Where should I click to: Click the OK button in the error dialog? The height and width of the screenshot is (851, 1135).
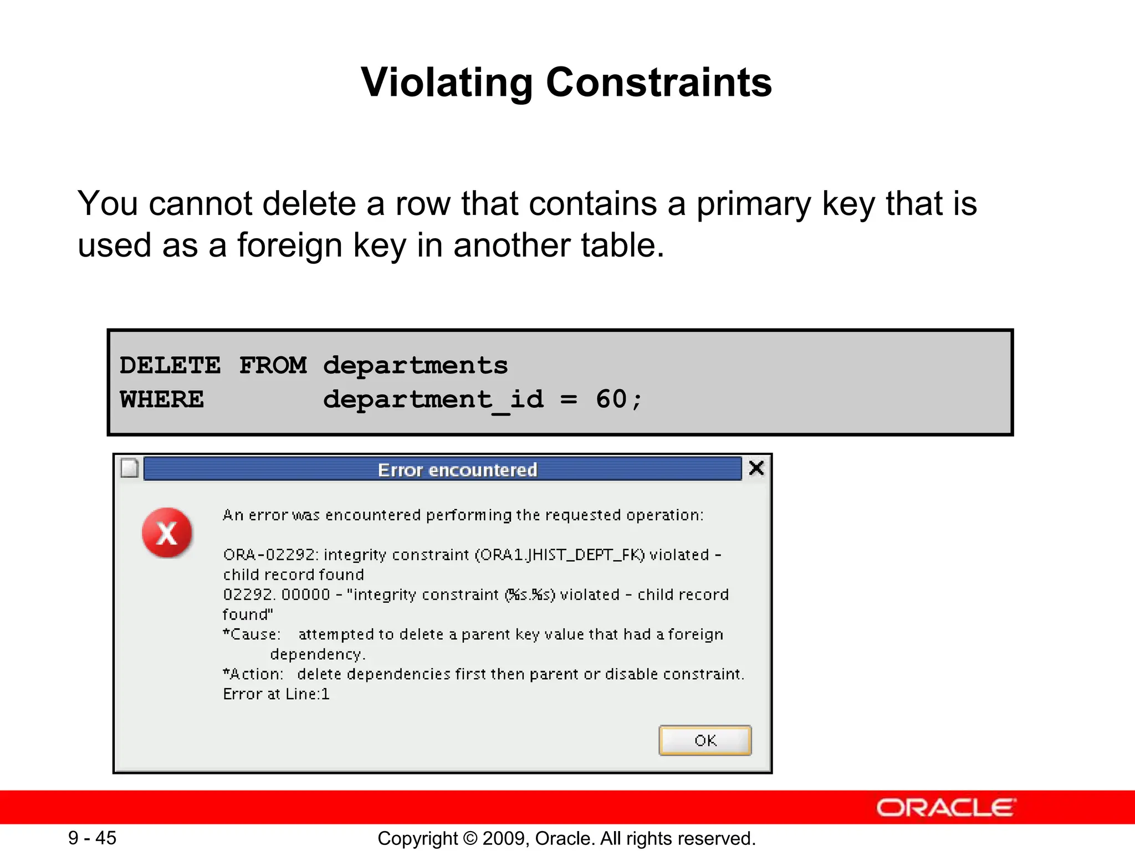pos(705,740)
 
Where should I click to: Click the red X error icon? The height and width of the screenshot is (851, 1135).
pos(167,533)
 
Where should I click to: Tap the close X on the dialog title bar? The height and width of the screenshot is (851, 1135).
pos(756,468)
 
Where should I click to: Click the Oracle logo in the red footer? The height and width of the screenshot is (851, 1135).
pos(946,808)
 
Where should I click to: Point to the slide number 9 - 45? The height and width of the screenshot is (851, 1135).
pos(92,838)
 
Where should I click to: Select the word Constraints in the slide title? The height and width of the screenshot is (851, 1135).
pos(659,83)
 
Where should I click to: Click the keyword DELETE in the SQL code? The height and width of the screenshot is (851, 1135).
pos(170,365)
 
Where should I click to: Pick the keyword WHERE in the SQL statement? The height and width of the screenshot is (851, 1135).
pos(162,399)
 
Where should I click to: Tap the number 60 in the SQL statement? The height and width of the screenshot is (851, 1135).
pos(611,399)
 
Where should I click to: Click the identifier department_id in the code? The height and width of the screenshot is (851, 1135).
pos(433,400)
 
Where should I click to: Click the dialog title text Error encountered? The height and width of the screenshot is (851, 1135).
pos(457,470)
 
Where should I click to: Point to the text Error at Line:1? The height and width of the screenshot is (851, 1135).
pos(276,694)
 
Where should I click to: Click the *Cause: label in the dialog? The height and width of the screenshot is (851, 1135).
pos(252,634)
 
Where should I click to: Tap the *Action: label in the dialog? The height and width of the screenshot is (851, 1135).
pos(253,674)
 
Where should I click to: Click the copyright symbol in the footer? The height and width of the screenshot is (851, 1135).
pos(470,838)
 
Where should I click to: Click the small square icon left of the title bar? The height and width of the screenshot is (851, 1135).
pos(130,468)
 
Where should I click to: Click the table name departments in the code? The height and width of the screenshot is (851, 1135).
pos(416,366)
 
